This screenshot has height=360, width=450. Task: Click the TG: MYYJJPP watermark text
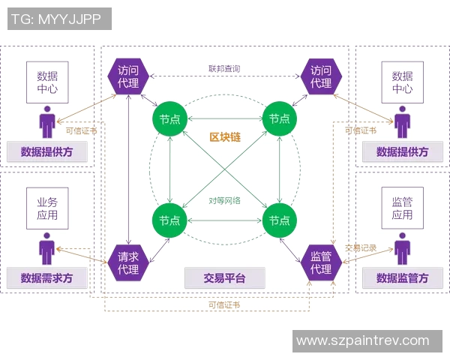pyautogui.click(x=59, y=19)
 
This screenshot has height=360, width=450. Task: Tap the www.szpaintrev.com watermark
pyautogui.click(x=362, y=340)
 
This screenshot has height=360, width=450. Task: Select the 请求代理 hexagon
pyautogui.click(x=128, y=262)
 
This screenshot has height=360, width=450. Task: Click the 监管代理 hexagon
pyautogui.click(x=321, y=262)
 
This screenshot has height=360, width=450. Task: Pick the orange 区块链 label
pyautogui.click(x=225, y=137)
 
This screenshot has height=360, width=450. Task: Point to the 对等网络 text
pyautogui.click(x=225, y=201)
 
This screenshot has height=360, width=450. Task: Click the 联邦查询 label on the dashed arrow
pyautogui.click(x=224, y=69)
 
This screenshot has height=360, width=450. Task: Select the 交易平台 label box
pyautogui.click(x=224, y=277)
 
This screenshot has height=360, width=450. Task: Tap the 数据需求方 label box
pyautogui.click(x=47, y=277)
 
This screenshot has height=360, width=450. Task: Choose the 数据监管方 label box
pyautogui.click(x=403, y=277)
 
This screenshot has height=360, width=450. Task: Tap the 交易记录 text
pyautogui.click(x=360, y=248)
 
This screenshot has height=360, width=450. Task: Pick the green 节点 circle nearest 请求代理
pyautogui.click(x=169, y=220)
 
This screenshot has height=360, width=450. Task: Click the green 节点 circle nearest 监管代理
pyautogui.click(x=280, y=220)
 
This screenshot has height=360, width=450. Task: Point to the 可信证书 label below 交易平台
pyautogui.click(x=224, y=304)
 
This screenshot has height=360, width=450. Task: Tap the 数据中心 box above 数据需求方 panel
pyautogui.click(x=47, y=82)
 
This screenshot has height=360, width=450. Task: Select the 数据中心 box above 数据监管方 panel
pyautogui.click(x=403, y=82)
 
